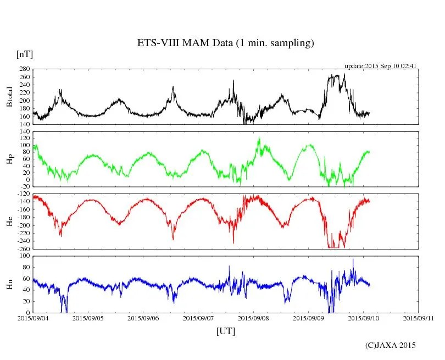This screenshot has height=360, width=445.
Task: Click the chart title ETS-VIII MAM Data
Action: coord(225,43)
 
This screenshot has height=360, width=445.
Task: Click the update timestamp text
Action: coord(380,66)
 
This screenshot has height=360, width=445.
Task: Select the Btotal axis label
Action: coord(9,97)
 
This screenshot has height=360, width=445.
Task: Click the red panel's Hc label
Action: coord(9,221)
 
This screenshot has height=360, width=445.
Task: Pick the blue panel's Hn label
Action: coord(9,284)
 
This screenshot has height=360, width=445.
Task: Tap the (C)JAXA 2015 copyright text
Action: coord(391,345)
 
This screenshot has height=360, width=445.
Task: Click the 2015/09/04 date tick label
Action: coord(33,318)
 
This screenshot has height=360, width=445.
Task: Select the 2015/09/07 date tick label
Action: coord(198,318)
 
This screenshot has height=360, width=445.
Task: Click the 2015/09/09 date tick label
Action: coord(308,318)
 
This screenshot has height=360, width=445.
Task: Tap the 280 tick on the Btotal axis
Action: coord(24,69)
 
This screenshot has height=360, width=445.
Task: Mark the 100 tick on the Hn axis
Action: coord(24,256)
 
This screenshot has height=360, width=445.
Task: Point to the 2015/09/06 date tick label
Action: coord(143,318)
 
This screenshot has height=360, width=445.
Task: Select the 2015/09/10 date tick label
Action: coord(363,318)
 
